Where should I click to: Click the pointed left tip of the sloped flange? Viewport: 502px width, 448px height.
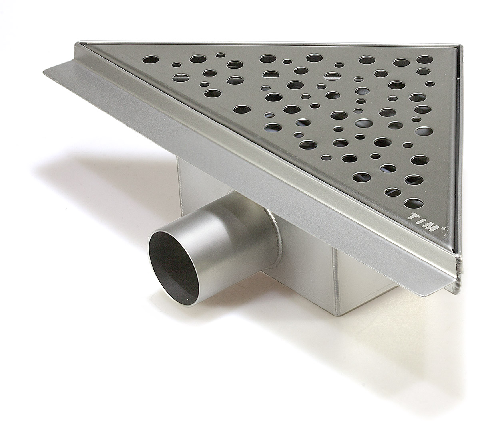point(44,72)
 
